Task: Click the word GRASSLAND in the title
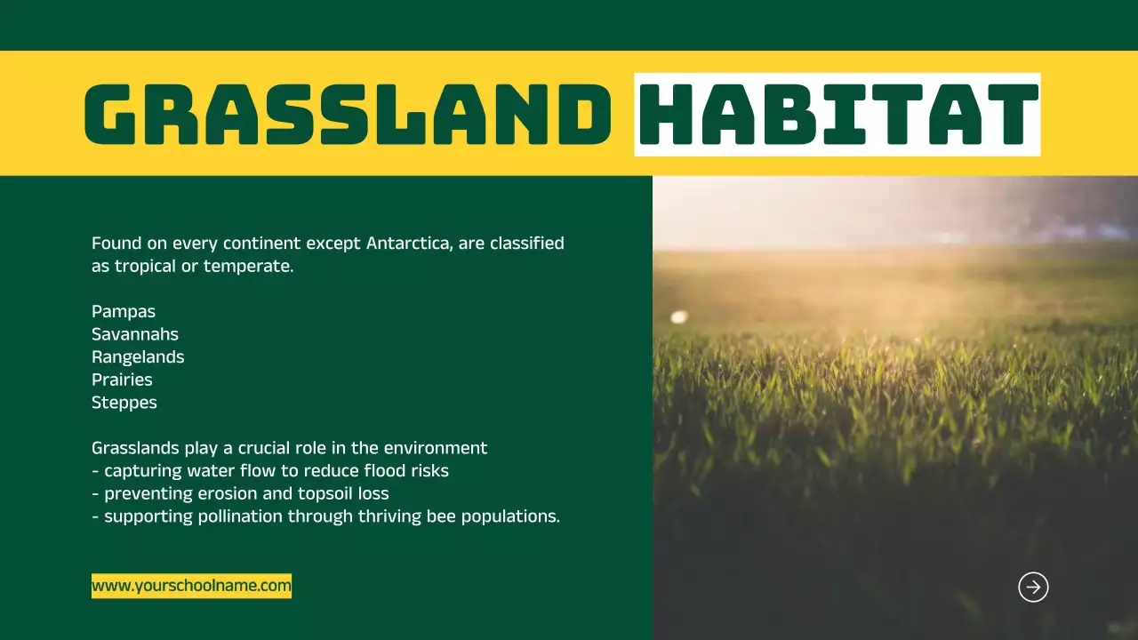point(348,115)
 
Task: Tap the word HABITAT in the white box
point(838,115)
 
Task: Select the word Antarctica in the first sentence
point(408,244)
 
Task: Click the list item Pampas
point(124,312)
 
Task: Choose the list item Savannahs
point(135,334)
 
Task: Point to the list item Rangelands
point(138,357)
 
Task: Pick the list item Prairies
point(122,380)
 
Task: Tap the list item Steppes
point(124,404)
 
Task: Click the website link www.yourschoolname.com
point(191,586)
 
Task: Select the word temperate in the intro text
point(248,267)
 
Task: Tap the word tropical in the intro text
point(145,267)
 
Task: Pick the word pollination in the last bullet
point(240,517)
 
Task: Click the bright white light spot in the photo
point(679,317)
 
